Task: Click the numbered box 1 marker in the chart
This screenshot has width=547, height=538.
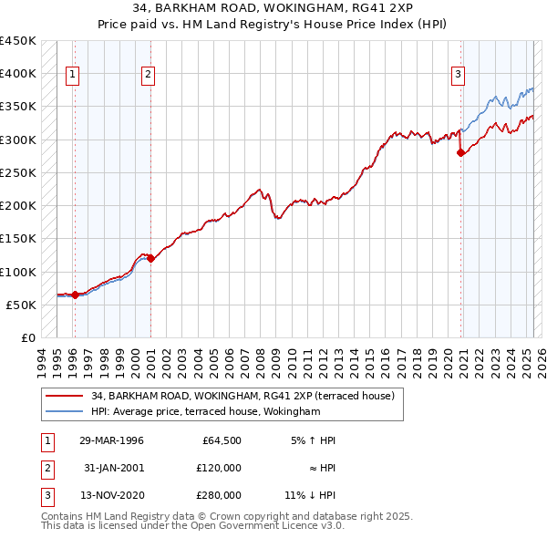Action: click(72, 76)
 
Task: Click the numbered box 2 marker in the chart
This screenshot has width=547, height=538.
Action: click(148, 76)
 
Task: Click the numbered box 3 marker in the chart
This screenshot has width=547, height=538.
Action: click(458, 76)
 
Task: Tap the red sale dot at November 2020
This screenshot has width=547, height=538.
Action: click(460, 153)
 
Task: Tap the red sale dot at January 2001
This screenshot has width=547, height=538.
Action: click(151, 259)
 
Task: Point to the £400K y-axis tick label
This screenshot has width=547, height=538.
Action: click(18, 74)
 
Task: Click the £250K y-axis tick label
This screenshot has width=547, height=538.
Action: click(18, 172)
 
